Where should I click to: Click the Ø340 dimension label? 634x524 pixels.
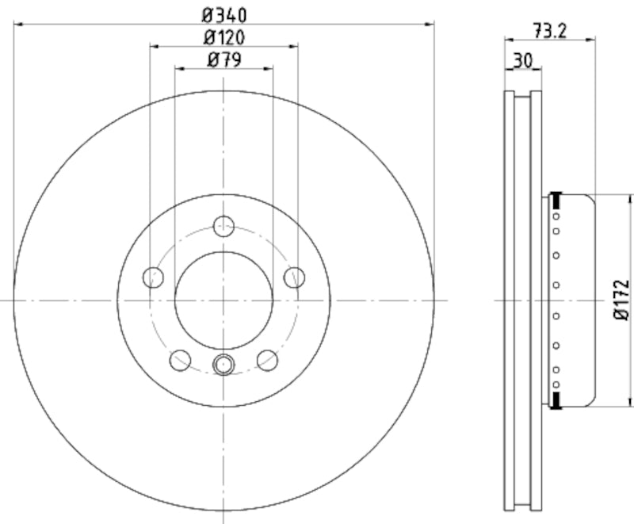224,13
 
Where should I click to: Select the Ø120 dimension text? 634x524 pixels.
224,36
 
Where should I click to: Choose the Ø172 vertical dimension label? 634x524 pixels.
622,300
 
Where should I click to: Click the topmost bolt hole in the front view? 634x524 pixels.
224,225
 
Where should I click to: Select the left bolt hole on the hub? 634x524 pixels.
153,277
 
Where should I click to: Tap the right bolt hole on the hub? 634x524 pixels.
294,277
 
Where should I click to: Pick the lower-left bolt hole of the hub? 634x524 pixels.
181,360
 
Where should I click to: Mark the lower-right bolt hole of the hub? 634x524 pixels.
268,360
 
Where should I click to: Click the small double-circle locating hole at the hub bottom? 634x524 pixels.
223,365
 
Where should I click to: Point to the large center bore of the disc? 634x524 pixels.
223,300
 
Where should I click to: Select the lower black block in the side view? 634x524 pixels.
556,401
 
